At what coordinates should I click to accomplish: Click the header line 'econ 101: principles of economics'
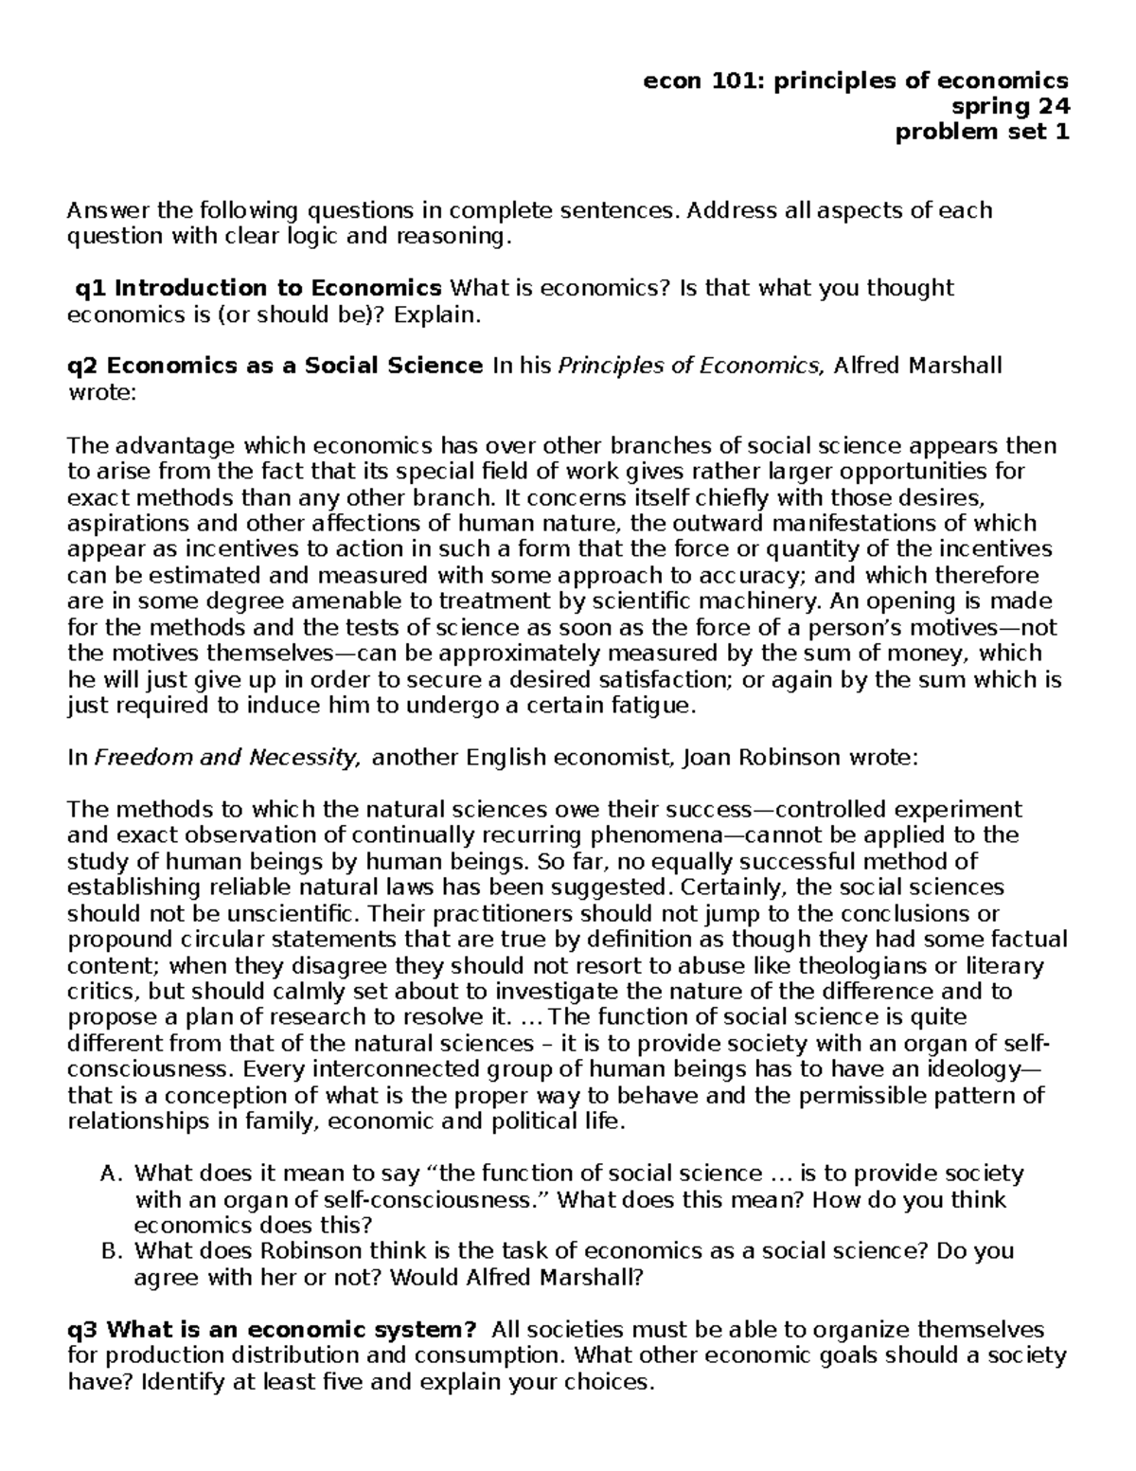[x=855, y=81]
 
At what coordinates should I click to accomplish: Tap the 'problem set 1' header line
[x=982, y=133]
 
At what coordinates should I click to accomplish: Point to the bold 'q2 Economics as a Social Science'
[x=275, y=366]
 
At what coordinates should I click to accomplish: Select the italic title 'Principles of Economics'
[x=690, y=366]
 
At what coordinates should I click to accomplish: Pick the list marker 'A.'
[x=112, y=1175]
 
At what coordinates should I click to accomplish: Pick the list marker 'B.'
[x=112, y=1251]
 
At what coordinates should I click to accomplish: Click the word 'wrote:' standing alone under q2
[x=102, y=392]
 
